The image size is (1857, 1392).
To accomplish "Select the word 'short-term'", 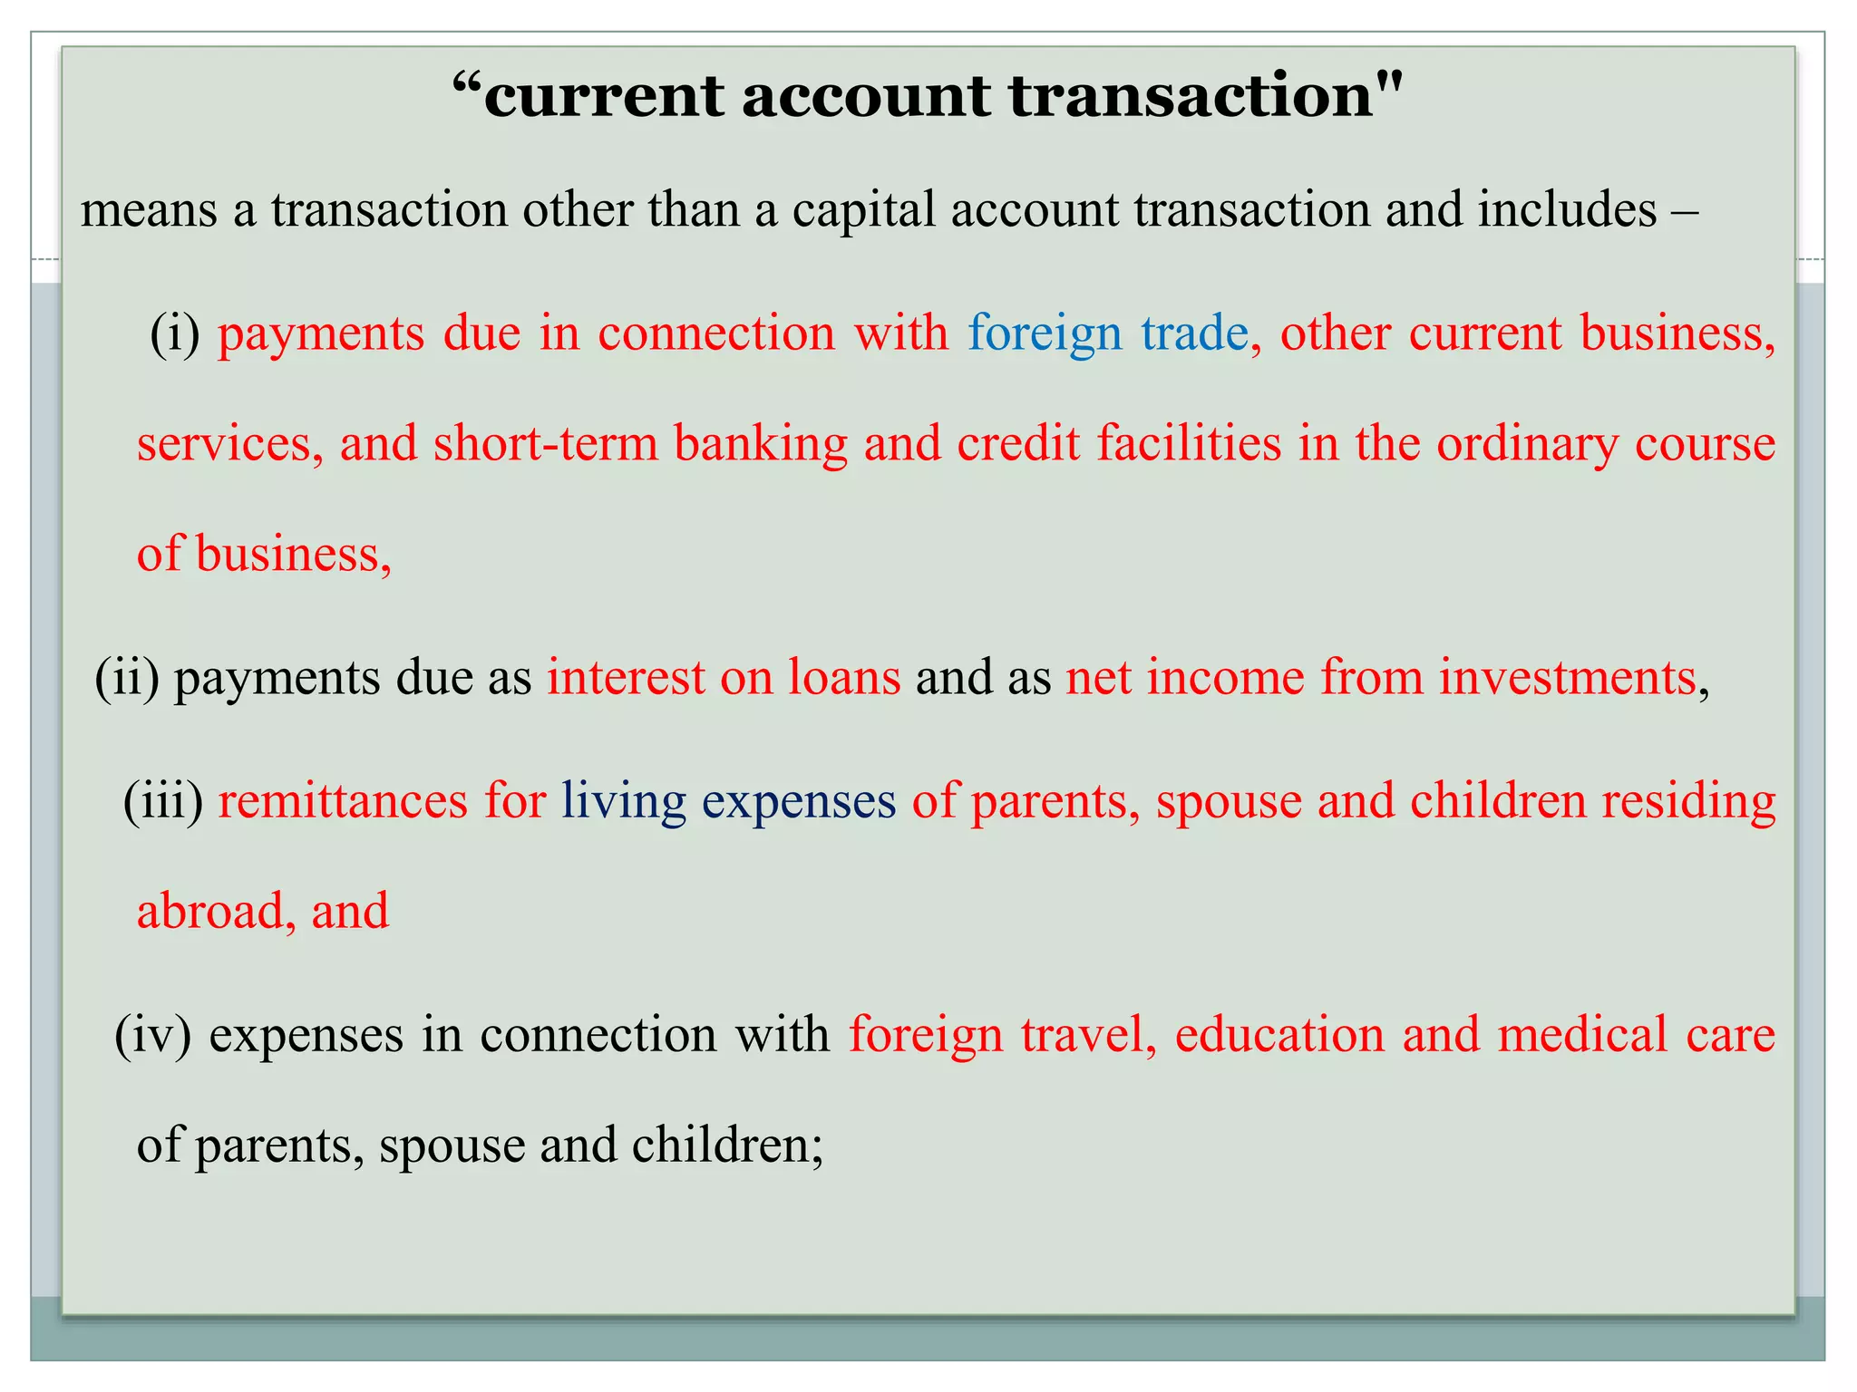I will [x=546, y=444].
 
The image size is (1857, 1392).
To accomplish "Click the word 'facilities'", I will [x=1189, y=444].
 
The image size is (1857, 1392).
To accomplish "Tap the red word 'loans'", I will [x=843, y=677].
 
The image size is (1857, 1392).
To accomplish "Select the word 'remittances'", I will [x=343, y=801].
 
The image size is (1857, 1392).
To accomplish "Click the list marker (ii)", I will [x=127, y=679].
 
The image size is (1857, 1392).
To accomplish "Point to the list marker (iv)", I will [x=153, y=1036].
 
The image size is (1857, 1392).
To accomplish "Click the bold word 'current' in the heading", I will [x=603, y=96].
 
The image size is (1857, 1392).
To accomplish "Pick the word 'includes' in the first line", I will [x=1567, y=210].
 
